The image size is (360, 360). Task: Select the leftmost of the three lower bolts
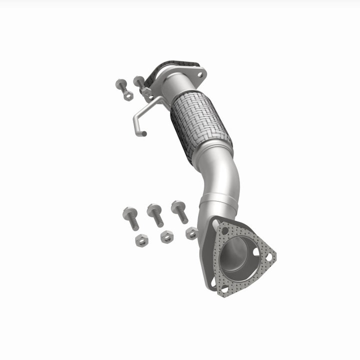click(x=131, y=216)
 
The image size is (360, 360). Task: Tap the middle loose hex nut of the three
click(x=167, y=236)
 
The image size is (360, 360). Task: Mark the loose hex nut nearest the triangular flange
click(x=191, y=232)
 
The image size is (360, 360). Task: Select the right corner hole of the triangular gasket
click(x=268, y=257)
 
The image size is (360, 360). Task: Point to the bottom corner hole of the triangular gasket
click(x=223, y=289)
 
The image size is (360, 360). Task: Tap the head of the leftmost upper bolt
click(x=120, y=84)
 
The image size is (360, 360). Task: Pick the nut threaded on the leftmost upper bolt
click(x=128, y=95)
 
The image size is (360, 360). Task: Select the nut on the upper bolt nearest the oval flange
click(x=146, y=92)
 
